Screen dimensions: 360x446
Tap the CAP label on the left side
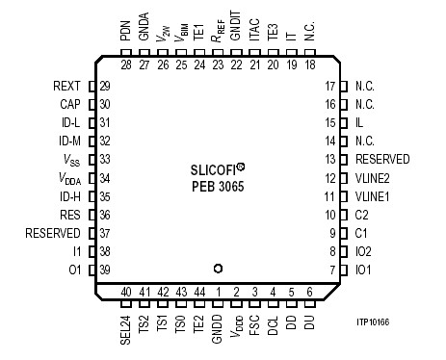(69, 104)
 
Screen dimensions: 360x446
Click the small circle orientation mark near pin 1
(219, 269)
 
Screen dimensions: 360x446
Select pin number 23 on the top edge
(218, 64)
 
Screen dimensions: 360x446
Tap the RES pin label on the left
(69, 215)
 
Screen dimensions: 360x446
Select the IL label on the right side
(358, 123)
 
